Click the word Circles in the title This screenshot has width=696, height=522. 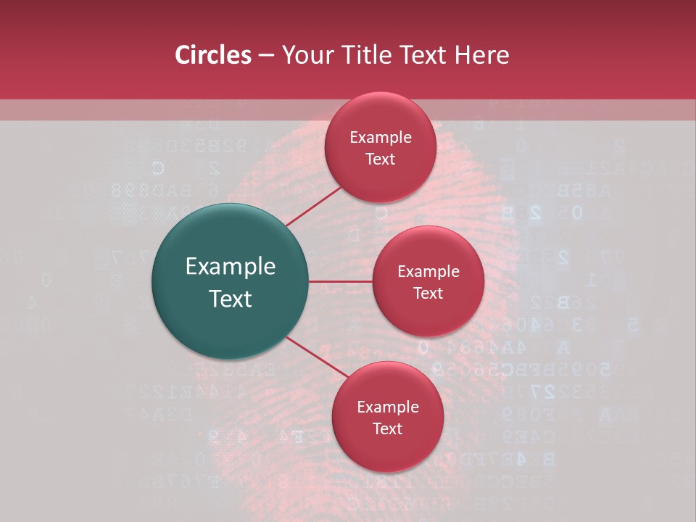click(x=212, y=55)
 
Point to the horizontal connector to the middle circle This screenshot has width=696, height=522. click(x=341, y=281)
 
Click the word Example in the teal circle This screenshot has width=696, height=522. click(x=231, y=267)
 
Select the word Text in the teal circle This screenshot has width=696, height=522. click(x=231, y=299)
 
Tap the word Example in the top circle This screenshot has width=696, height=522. click(x=381, y=138)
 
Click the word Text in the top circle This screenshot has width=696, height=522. click(x=381, y=159)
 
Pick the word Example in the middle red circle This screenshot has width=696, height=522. click(x=428, y=272)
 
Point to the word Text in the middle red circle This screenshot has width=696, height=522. click(x=428, y=293)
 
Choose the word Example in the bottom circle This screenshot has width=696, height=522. click(x=388, y=407)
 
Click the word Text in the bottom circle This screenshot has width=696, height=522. click(x=388, y=428)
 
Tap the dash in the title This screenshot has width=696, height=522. click(x=266, y=56)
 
